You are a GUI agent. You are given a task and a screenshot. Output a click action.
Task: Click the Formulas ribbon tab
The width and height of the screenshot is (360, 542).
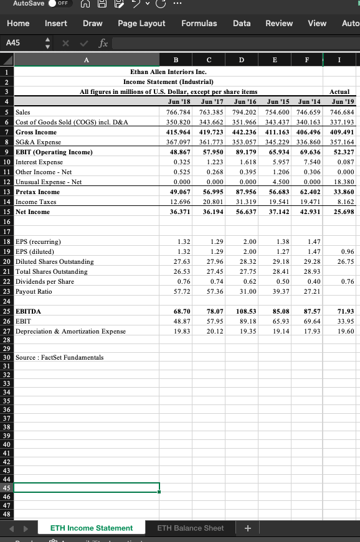pos(199,23)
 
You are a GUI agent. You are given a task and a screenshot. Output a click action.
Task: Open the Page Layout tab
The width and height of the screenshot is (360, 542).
pos(141,23)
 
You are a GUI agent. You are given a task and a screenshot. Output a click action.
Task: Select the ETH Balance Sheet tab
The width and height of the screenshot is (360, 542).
pos(190,528)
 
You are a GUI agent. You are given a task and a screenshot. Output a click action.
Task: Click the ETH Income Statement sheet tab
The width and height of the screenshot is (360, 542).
pos(92,528)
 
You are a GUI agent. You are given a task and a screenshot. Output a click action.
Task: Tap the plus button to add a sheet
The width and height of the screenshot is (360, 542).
pos(248,528)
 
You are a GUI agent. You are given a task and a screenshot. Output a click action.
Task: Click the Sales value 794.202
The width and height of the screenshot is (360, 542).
pos(244,112)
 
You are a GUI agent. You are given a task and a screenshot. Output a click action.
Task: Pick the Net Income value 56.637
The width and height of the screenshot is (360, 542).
pos(244,212)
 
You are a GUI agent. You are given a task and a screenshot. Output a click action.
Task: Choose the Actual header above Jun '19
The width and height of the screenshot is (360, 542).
pos(341,91)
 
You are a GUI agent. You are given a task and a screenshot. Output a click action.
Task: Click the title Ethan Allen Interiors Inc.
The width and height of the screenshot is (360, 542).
pos(168,72)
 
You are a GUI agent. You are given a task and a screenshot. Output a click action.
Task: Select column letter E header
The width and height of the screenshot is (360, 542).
pos(275,60)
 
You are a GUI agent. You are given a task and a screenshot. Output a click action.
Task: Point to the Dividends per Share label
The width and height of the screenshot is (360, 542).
pos(45,281)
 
